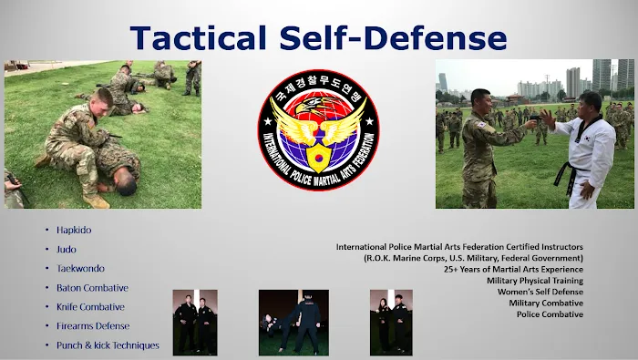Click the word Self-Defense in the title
pos(400,36)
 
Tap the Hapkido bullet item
pos(74,230)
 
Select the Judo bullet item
pos(67,249)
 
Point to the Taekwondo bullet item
pos(80,269)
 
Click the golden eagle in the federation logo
pos(318,117)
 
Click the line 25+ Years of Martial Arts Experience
pos(513,270)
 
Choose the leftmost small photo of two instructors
pos(195,322)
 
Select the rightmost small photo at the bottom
pos(391,322)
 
